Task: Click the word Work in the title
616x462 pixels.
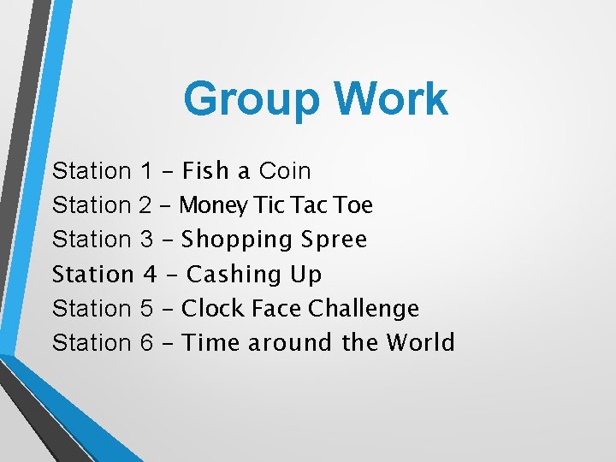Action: point(392,99)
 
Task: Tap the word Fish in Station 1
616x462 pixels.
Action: point(206,171)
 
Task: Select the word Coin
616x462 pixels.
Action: point(285,171)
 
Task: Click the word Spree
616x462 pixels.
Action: point(335,240)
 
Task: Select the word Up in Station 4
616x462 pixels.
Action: point(306,275)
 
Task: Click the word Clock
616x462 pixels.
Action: point(214,308)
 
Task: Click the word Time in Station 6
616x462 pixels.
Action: point(211,343)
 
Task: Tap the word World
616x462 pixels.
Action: point(420,343)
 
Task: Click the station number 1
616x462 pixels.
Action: point(145,171)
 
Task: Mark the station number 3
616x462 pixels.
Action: point(145,240)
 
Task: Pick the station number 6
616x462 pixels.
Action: point(145,343)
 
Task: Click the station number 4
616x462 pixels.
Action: point(150,275)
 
